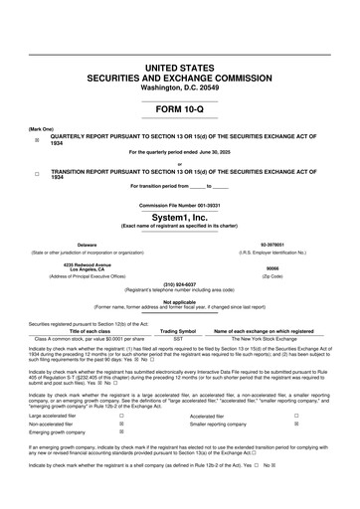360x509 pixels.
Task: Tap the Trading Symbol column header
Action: (x=179, y=331)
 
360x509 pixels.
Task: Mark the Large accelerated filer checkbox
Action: (x=121, y=417)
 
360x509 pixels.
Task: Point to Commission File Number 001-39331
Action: (x=180, y=205)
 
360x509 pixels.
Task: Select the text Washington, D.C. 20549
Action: (x=180, y=86)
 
